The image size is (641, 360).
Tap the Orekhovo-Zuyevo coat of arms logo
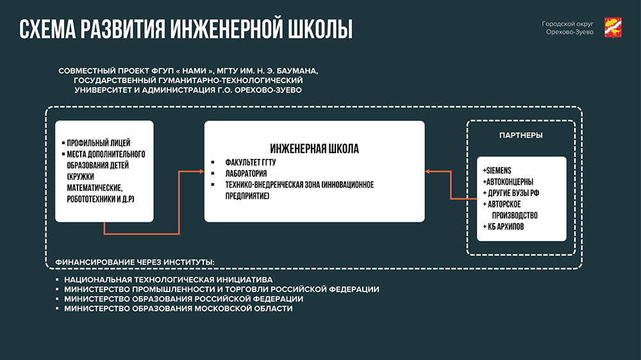coord(613,28)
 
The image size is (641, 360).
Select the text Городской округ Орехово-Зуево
coord(567,28)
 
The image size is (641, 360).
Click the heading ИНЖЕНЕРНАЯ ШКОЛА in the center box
coord(314,149)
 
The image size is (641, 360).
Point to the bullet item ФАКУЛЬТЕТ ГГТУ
coord(251,162)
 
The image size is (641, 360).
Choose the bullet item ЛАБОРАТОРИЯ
coord(246,174)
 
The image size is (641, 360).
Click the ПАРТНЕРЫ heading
coord(520,135)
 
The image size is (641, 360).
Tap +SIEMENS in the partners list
coord(497,170)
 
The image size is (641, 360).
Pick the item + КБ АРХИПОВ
coord(503,227)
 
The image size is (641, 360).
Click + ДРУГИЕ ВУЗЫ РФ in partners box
coord(511,193)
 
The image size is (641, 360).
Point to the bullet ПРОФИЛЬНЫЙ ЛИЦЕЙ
coord(99,143)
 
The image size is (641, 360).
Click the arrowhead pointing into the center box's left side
coord(201,171)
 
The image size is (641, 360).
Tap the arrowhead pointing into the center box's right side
coord(428,171)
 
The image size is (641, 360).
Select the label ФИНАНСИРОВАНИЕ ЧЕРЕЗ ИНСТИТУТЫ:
coord(135,262)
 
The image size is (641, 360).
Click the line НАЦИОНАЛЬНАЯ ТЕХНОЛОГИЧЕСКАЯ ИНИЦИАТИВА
coord(169,280)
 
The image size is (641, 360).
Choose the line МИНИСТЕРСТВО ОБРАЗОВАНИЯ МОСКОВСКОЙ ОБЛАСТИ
coord(178,309)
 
